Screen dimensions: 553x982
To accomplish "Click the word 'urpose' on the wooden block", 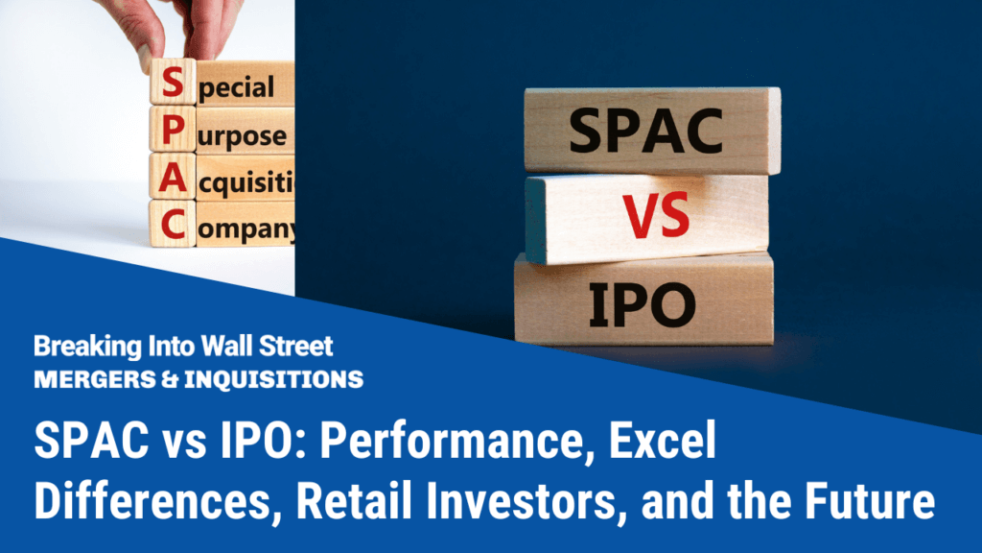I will (243, 135).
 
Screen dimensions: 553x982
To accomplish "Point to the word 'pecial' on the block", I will (237, 88).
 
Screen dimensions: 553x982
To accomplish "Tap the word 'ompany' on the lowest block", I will (246, 229).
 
